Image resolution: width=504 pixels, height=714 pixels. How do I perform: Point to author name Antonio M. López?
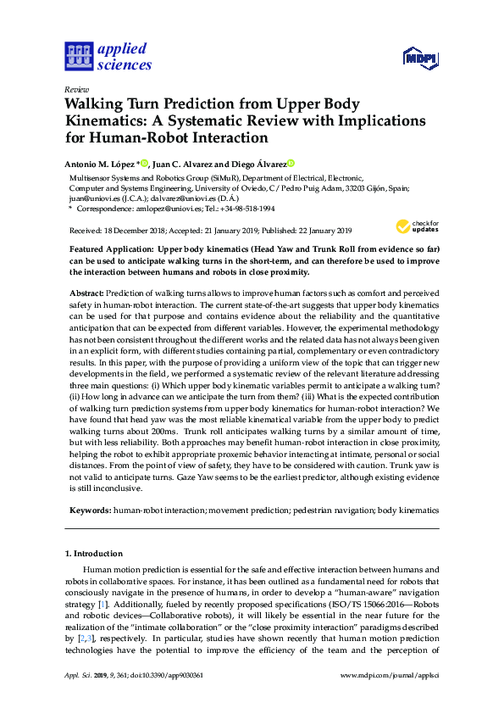pos(99,163)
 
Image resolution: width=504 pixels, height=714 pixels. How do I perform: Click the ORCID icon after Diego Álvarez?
pos(291,163)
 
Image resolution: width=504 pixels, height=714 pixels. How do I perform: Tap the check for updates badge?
pos(418,226)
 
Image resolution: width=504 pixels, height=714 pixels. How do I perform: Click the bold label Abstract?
pos(86,291)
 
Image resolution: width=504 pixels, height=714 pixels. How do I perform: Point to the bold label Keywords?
pos(90,510)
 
